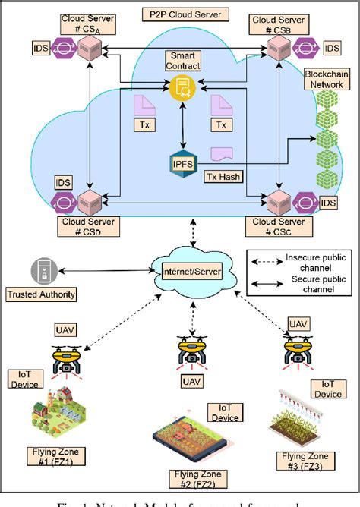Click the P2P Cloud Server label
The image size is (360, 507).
182,14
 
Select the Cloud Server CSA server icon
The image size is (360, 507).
90,49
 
